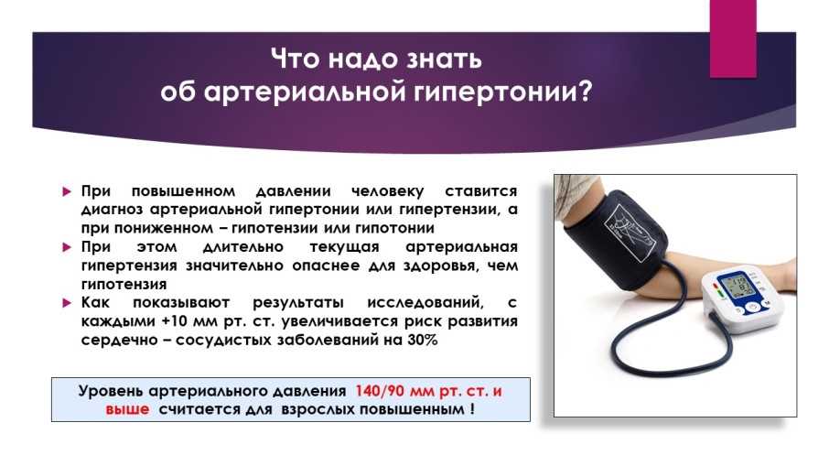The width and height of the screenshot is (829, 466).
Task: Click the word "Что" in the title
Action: pos(296,59)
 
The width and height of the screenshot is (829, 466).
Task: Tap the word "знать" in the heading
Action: pos(444,59)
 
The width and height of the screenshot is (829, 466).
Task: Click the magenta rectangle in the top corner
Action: pos(733,38)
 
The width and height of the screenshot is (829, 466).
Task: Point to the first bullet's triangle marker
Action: pos(67,191)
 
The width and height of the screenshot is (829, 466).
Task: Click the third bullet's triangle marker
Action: pos(67,303)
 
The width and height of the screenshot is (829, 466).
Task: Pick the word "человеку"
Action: pos(388,191)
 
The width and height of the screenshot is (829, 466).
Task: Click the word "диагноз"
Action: pos(111,210)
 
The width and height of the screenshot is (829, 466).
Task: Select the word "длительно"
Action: pos(243,247)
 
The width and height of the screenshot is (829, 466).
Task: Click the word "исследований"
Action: pos(425,303)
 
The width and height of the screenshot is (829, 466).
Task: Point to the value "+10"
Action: pos(174,321)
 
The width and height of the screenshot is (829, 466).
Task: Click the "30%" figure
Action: pos(423,340)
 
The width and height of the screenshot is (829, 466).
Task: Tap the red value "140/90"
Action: pos(380,392)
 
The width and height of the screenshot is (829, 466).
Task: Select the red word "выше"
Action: pos(127,410)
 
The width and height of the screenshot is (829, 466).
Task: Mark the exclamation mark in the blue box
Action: pos(471,409)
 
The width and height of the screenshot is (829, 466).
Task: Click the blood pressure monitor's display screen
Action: pos(738,287)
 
